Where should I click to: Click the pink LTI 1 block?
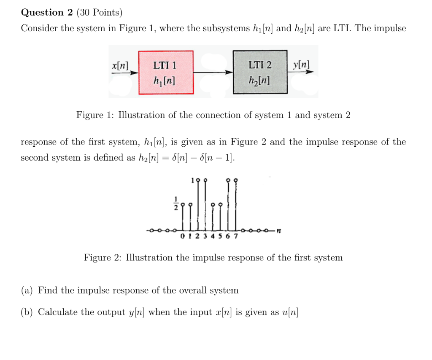pyautogui.click(x=166, y=72)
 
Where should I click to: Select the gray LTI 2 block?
pyautogui.click(x=260, y=72)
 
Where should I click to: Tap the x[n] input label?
pyautogui.click(x=120, y=65)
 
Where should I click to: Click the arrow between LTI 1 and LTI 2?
pyautogui.click(x=213, y=73)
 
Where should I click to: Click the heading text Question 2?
pyautogui.click(x=47, y=13)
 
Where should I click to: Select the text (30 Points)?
pyautogui.click(x=100, y=13)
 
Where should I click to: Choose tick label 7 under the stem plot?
pyautogui.click(x=235, y=236)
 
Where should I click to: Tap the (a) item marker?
pyautogui.click(x=27, y=290)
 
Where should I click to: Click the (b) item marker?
pyautogui.click(x=27, y=312)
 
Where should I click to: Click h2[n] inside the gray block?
pyautogui.click(x=260, y=80)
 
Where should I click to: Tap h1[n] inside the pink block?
pyautogui.click(x=165, y=80)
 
